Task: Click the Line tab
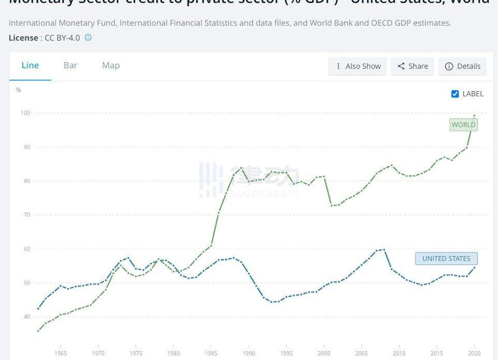[30, 66]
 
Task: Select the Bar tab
[70, 66]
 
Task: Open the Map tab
[111, 66]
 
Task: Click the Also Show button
[358, 66]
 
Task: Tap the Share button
[413, 66]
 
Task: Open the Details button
[463, 66]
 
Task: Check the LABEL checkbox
[455, 94]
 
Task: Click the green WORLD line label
[463, 125]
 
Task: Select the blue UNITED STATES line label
[446, 259]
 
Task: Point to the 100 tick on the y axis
[25, 113]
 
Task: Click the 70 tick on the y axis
[27, 215]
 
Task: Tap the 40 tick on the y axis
[27, 317]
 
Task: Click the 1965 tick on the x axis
[61, 353]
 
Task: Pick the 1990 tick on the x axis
[248, 353]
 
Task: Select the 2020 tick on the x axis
[474, 353]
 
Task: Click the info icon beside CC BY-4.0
[88, 38]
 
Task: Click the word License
[23, 38]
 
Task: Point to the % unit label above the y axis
[19, 90]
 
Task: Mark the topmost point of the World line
[474, 116]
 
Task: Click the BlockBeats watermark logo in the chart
[248, 180]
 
